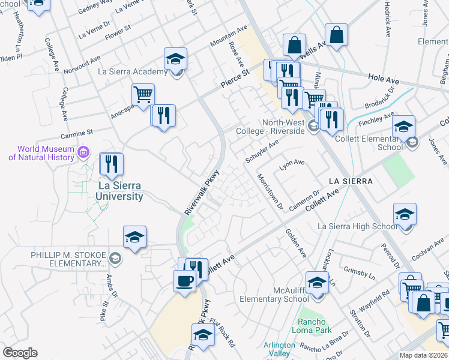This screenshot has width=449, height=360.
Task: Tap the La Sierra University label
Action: pos(120,191)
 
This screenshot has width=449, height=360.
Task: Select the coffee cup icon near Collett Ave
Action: pos(184,280)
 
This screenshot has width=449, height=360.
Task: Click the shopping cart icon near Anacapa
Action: pos(143,94)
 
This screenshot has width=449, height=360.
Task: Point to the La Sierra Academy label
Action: pos(133,72)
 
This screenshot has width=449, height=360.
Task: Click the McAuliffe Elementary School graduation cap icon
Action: pos(317,281)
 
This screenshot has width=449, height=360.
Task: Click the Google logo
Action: pos(20,352)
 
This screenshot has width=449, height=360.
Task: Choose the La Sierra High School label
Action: pos(357,226)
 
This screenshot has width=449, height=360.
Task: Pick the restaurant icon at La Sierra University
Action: pos(110,164)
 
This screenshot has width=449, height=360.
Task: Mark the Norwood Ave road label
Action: pos(82,66)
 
